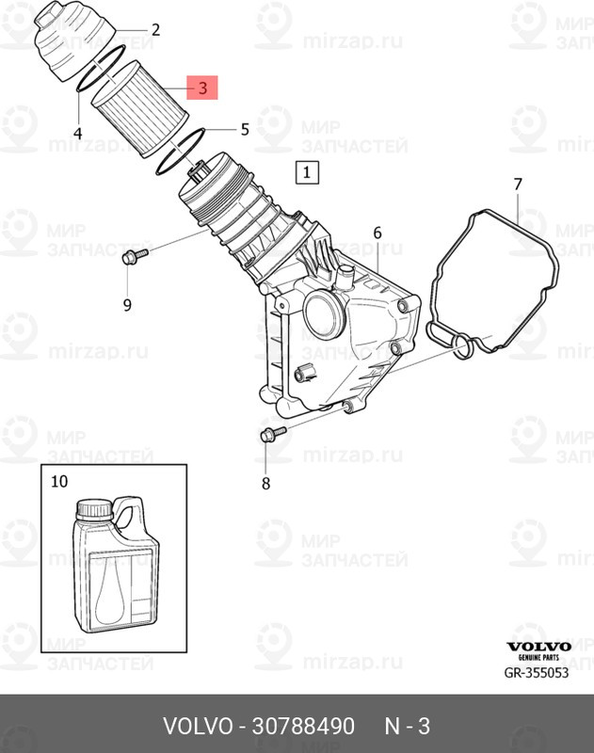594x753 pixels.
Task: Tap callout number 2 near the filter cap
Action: (x=155, y=30)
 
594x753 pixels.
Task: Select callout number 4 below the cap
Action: (x=77, y=134)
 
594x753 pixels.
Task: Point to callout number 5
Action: (x=245, y=128)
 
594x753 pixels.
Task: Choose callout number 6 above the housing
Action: (x=377, y=232)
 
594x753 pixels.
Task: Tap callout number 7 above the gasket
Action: (x=517, y=184)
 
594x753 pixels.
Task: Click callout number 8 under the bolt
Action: (x=265, y=484)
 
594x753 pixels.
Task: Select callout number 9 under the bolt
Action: (x=127, y=304)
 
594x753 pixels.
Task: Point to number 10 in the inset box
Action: (x=59, y=481)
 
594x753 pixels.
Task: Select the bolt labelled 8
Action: (x=270, y=434)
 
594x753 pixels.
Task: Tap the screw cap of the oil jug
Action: (x=94, y=509)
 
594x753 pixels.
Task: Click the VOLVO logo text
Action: (x=539, y=647)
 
